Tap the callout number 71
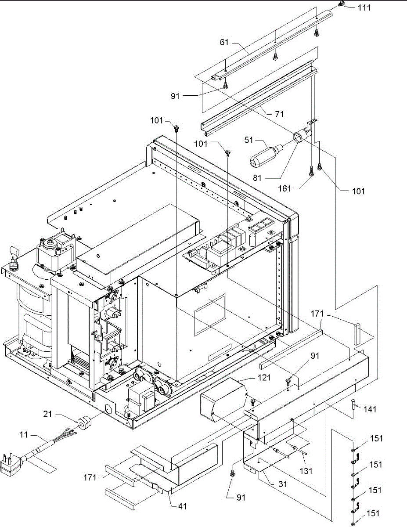tap(279, 114)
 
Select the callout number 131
tap(306, 470)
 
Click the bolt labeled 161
tap(311, 171)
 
